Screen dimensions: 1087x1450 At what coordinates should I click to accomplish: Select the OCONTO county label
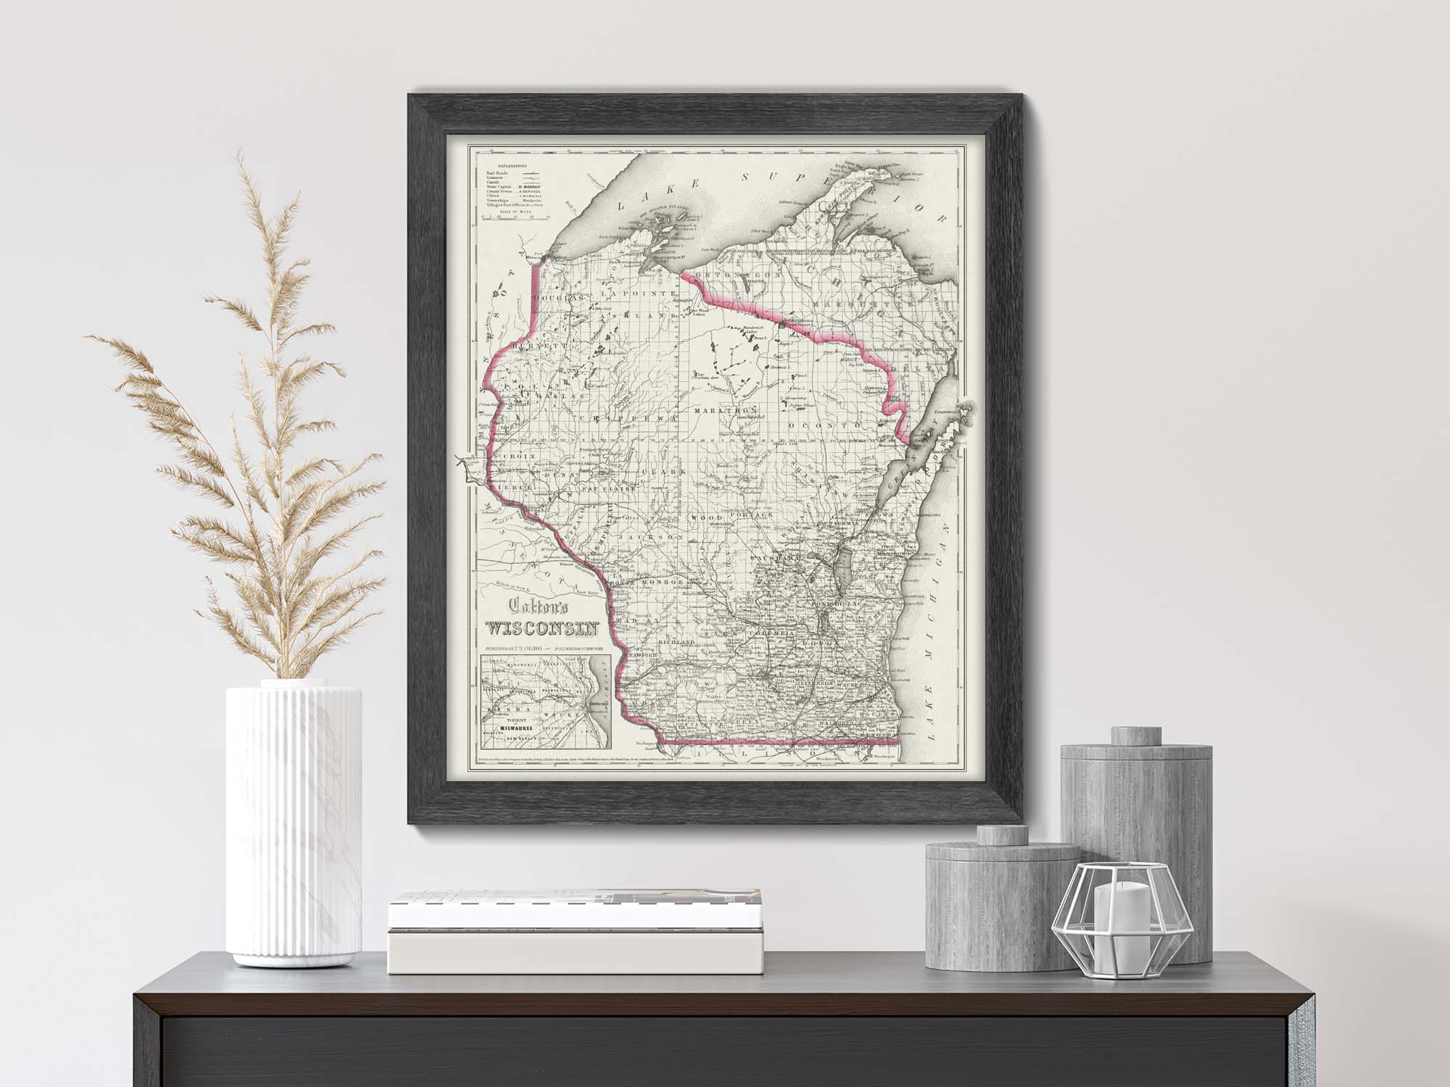(x=828, y=424)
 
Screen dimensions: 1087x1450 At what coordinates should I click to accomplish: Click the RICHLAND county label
(x=677, y=642)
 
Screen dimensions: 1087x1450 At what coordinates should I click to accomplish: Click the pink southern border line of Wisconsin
(x=783, y=742)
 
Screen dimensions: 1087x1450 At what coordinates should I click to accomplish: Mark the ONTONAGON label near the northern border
(x=737, y=278)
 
